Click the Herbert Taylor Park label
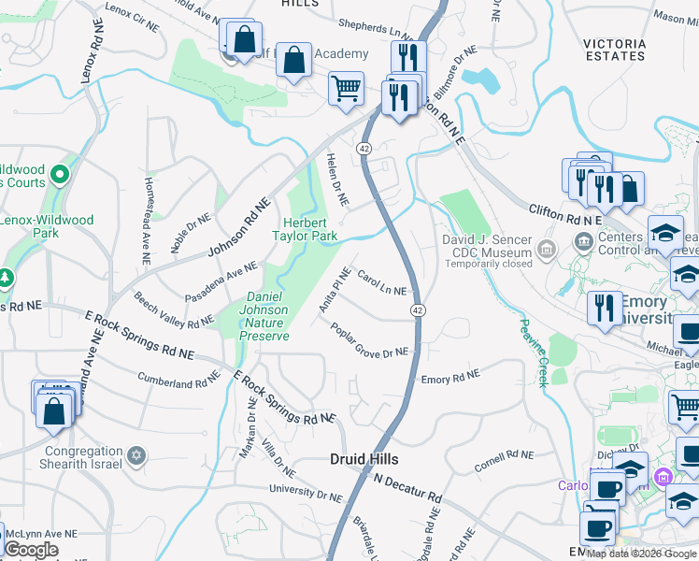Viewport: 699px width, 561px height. pyautogui.click(x=311, y=229)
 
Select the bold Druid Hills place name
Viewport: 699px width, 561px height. pyautogui.click(x=364, y=459)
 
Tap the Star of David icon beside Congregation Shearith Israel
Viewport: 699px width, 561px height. pyautogui.click(x=137, y=454)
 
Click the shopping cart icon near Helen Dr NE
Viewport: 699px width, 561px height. pyautogui.click(x=346, y=88)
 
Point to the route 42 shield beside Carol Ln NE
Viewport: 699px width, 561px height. pyautogui.click(x=418, y=309)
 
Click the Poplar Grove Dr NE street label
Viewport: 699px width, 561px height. pyautogui.click(x=368, y=339)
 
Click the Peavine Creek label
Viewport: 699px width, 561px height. pyautogui.click(x=532, y=351)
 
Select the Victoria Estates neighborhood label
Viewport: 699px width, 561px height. pyautogui.click(x=614, y=50)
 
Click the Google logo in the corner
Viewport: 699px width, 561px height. pyautogui.click(x=31, y=551)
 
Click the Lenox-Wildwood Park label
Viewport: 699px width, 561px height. pyautogui.click(x=47, y=226)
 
